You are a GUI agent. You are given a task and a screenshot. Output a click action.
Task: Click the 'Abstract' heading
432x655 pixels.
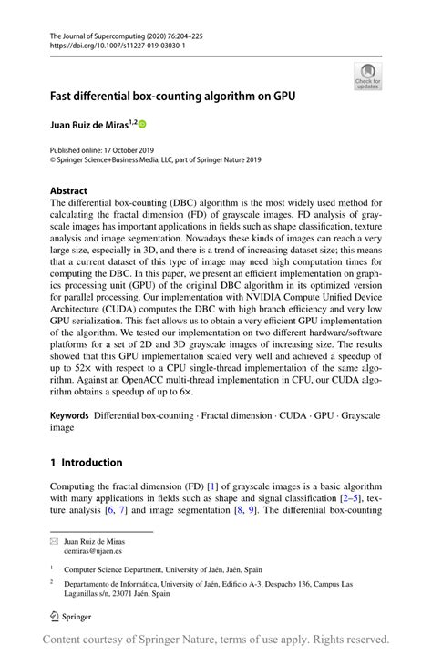[x=69, y=192]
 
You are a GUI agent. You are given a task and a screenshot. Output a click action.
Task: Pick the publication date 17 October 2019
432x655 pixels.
[x=130, y=148]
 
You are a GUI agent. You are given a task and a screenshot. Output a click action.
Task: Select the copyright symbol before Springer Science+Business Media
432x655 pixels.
[x=54, y=159]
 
